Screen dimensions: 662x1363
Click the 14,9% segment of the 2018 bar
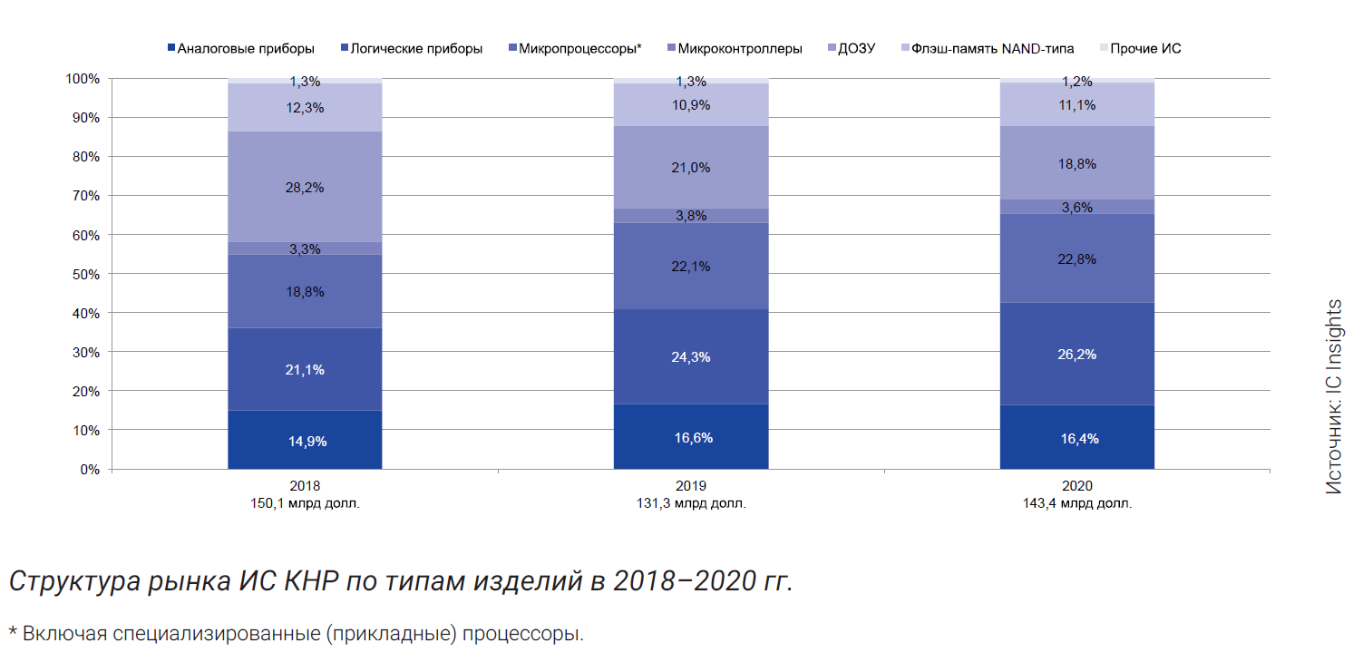tap(305, 441)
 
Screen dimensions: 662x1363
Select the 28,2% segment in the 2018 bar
tap(305, 188)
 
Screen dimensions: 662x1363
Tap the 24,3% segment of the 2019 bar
tap(691, 356)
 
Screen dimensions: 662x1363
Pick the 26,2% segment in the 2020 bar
tap(1076, 354)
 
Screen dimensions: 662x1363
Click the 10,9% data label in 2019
tap(691, 105)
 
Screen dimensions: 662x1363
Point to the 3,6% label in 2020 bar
tap(1077, 208)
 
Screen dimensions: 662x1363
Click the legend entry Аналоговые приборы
tap(239, 48)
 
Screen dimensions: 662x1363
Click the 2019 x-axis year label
tap(691, 486)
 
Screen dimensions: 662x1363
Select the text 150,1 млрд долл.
tap(305, 503)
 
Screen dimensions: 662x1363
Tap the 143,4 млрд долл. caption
tap(1076, 503)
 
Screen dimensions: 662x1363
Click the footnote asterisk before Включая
tap(13, 631)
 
